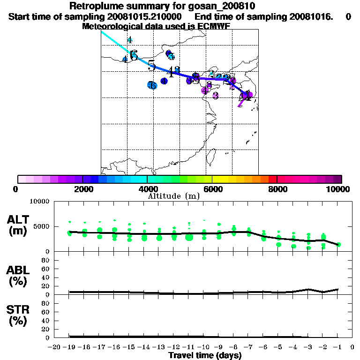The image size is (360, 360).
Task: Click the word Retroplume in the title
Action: tap(96, 7)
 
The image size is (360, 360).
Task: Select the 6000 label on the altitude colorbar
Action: tap(213, 189)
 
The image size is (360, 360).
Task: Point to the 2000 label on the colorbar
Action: tap(82, 189)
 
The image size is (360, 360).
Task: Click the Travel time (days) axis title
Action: tap(205, 355)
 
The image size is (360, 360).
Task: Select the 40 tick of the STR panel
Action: tap(46, 320)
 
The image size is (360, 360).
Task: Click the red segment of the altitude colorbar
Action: tap(272, 179)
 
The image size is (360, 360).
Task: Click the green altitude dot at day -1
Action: tap(338, 244)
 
